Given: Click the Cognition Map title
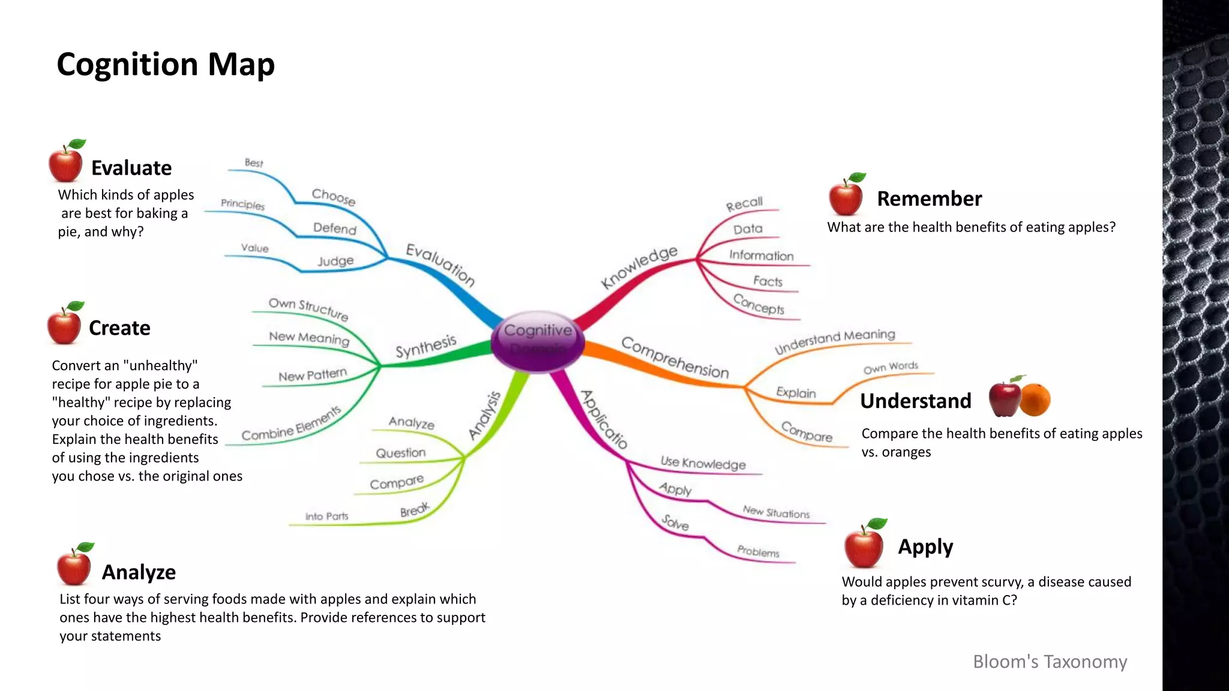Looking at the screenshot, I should [x=166, y=64].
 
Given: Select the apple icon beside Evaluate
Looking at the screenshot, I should [x=66, y=162].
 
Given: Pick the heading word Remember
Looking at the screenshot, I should [x=929, y=199].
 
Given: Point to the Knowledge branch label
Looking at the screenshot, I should [x=639, y=266].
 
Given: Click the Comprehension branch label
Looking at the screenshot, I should [x=675, y=358].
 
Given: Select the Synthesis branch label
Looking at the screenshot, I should [x=425, y=347].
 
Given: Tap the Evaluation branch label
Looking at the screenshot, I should [x=440, y=265].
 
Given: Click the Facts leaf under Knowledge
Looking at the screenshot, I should [x=768, y=281].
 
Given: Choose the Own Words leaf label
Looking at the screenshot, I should [x=891, y=367].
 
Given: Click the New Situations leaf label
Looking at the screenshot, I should [x=776, y=512].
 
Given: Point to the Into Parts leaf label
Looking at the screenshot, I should [x=326, y=516].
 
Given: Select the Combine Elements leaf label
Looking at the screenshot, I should [x=291, y=424].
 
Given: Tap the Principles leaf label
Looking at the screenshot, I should [x=242, y=204].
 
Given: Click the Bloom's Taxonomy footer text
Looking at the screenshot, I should [x=1050, y=661].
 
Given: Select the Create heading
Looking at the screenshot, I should [x=119, y=328].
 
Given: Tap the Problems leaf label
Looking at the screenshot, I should [x=758, y=551].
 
